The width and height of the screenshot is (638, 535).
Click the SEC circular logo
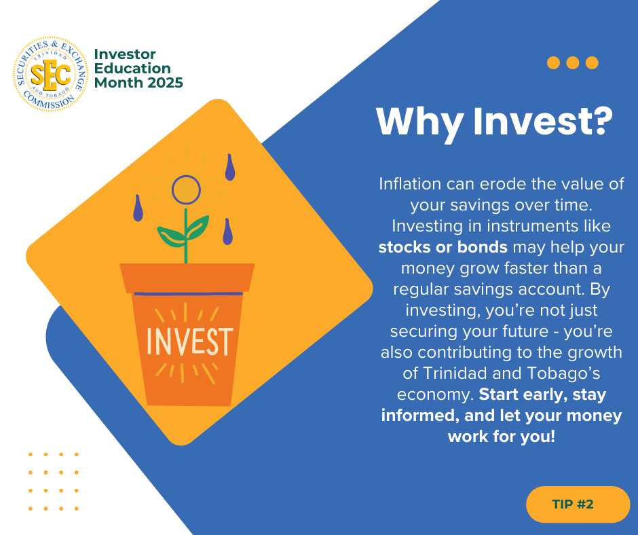coord(50,74)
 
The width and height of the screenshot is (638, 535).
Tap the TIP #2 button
coord(578,504)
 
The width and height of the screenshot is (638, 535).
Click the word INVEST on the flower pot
coord(189,342)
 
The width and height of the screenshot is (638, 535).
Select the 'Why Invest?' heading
coord(494,121)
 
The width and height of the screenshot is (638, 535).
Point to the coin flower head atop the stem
coord(186,189)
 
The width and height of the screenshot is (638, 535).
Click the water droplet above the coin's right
coord(230,167)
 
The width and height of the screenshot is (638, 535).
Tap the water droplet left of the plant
coord(138,208)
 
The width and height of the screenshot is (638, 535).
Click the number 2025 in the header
coord(165,83)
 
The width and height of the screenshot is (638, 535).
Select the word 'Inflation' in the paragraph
coord(410,183)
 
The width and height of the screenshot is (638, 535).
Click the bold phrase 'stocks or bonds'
coord(443,246)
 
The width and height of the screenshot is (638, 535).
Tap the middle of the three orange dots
coord(572,62)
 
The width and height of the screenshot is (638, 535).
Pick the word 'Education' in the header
coord(132,68)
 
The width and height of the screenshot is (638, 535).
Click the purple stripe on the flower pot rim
coord(189,293)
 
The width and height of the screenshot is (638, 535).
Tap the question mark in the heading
coord(601,121)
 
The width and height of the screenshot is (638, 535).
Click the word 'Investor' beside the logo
coord(125,54)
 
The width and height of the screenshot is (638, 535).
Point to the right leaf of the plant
coord(198,227)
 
